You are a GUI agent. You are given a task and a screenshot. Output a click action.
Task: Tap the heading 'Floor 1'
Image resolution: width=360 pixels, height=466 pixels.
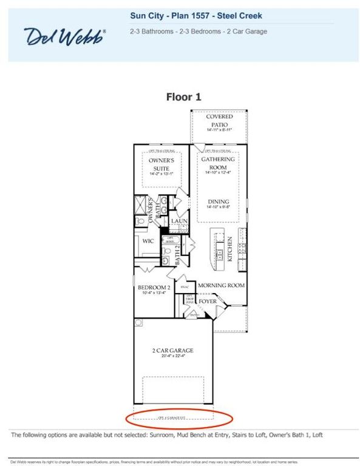pos(183,96)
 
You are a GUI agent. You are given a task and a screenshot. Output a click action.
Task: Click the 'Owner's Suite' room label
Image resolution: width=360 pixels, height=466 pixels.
pos(161,164)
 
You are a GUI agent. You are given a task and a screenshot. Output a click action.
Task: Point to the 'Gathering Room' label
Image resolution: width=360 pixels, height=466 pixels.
pos(218,163)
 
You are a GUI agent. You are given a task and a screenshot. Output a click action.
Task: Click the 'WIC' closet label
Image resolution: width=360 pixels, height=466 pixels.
pos(148,241)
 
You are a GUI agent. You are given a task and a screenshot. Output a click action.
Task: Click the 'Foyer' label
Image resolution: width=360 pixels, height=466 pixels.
pos(207,300)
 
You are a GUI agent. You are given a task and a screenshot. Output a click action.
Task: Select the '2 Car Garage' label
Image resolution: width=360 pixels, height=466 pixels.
pos(172,349)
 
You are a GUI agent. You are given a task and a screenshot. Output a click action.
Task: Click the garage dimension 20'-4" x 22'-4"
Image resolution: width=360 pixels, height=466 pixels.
pos(172,357)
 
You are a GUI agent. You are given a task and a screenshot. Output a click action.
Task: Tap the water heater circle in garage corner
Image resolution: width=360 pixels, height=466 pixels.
pos(139,323)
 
